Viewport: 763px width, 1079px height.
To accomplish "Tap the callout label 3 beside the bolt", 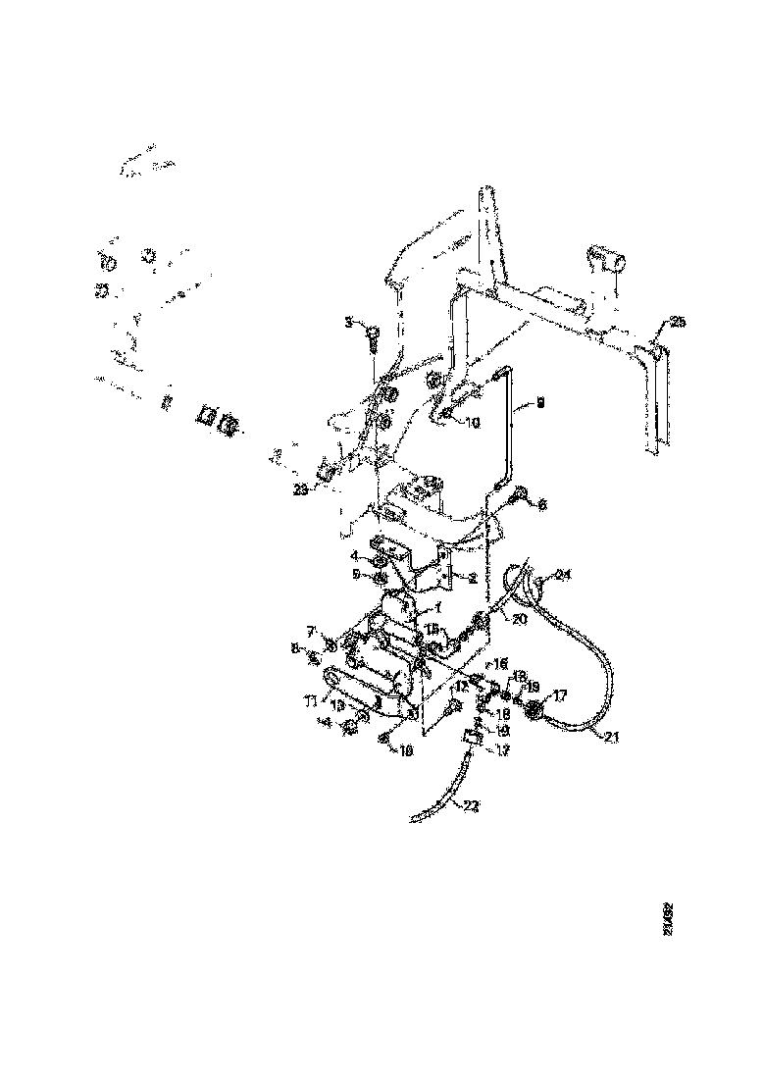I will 348,321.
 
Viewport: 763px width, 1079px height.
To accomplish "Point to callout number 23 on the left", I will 300,489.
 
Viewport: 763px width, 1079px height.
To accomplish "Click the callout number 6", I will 544,503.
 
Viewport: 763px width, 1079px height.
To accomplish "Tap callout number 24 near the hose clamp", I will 563,575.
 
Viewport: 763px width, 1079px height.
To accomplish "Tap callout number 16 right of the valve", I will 499,664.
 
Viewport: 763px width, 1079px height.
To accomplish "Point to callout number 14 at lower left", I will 348,725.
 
